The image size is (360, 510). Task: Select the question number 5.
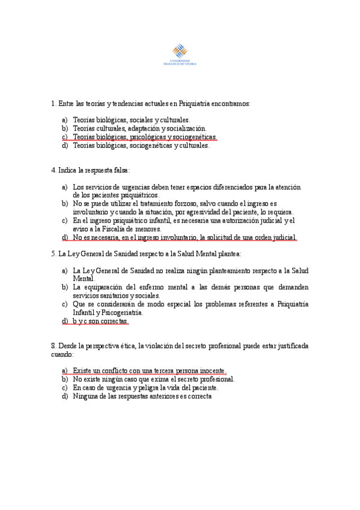click(x=53, y=254)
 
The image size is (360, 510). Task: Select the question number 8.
click(x=53, y=346)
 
